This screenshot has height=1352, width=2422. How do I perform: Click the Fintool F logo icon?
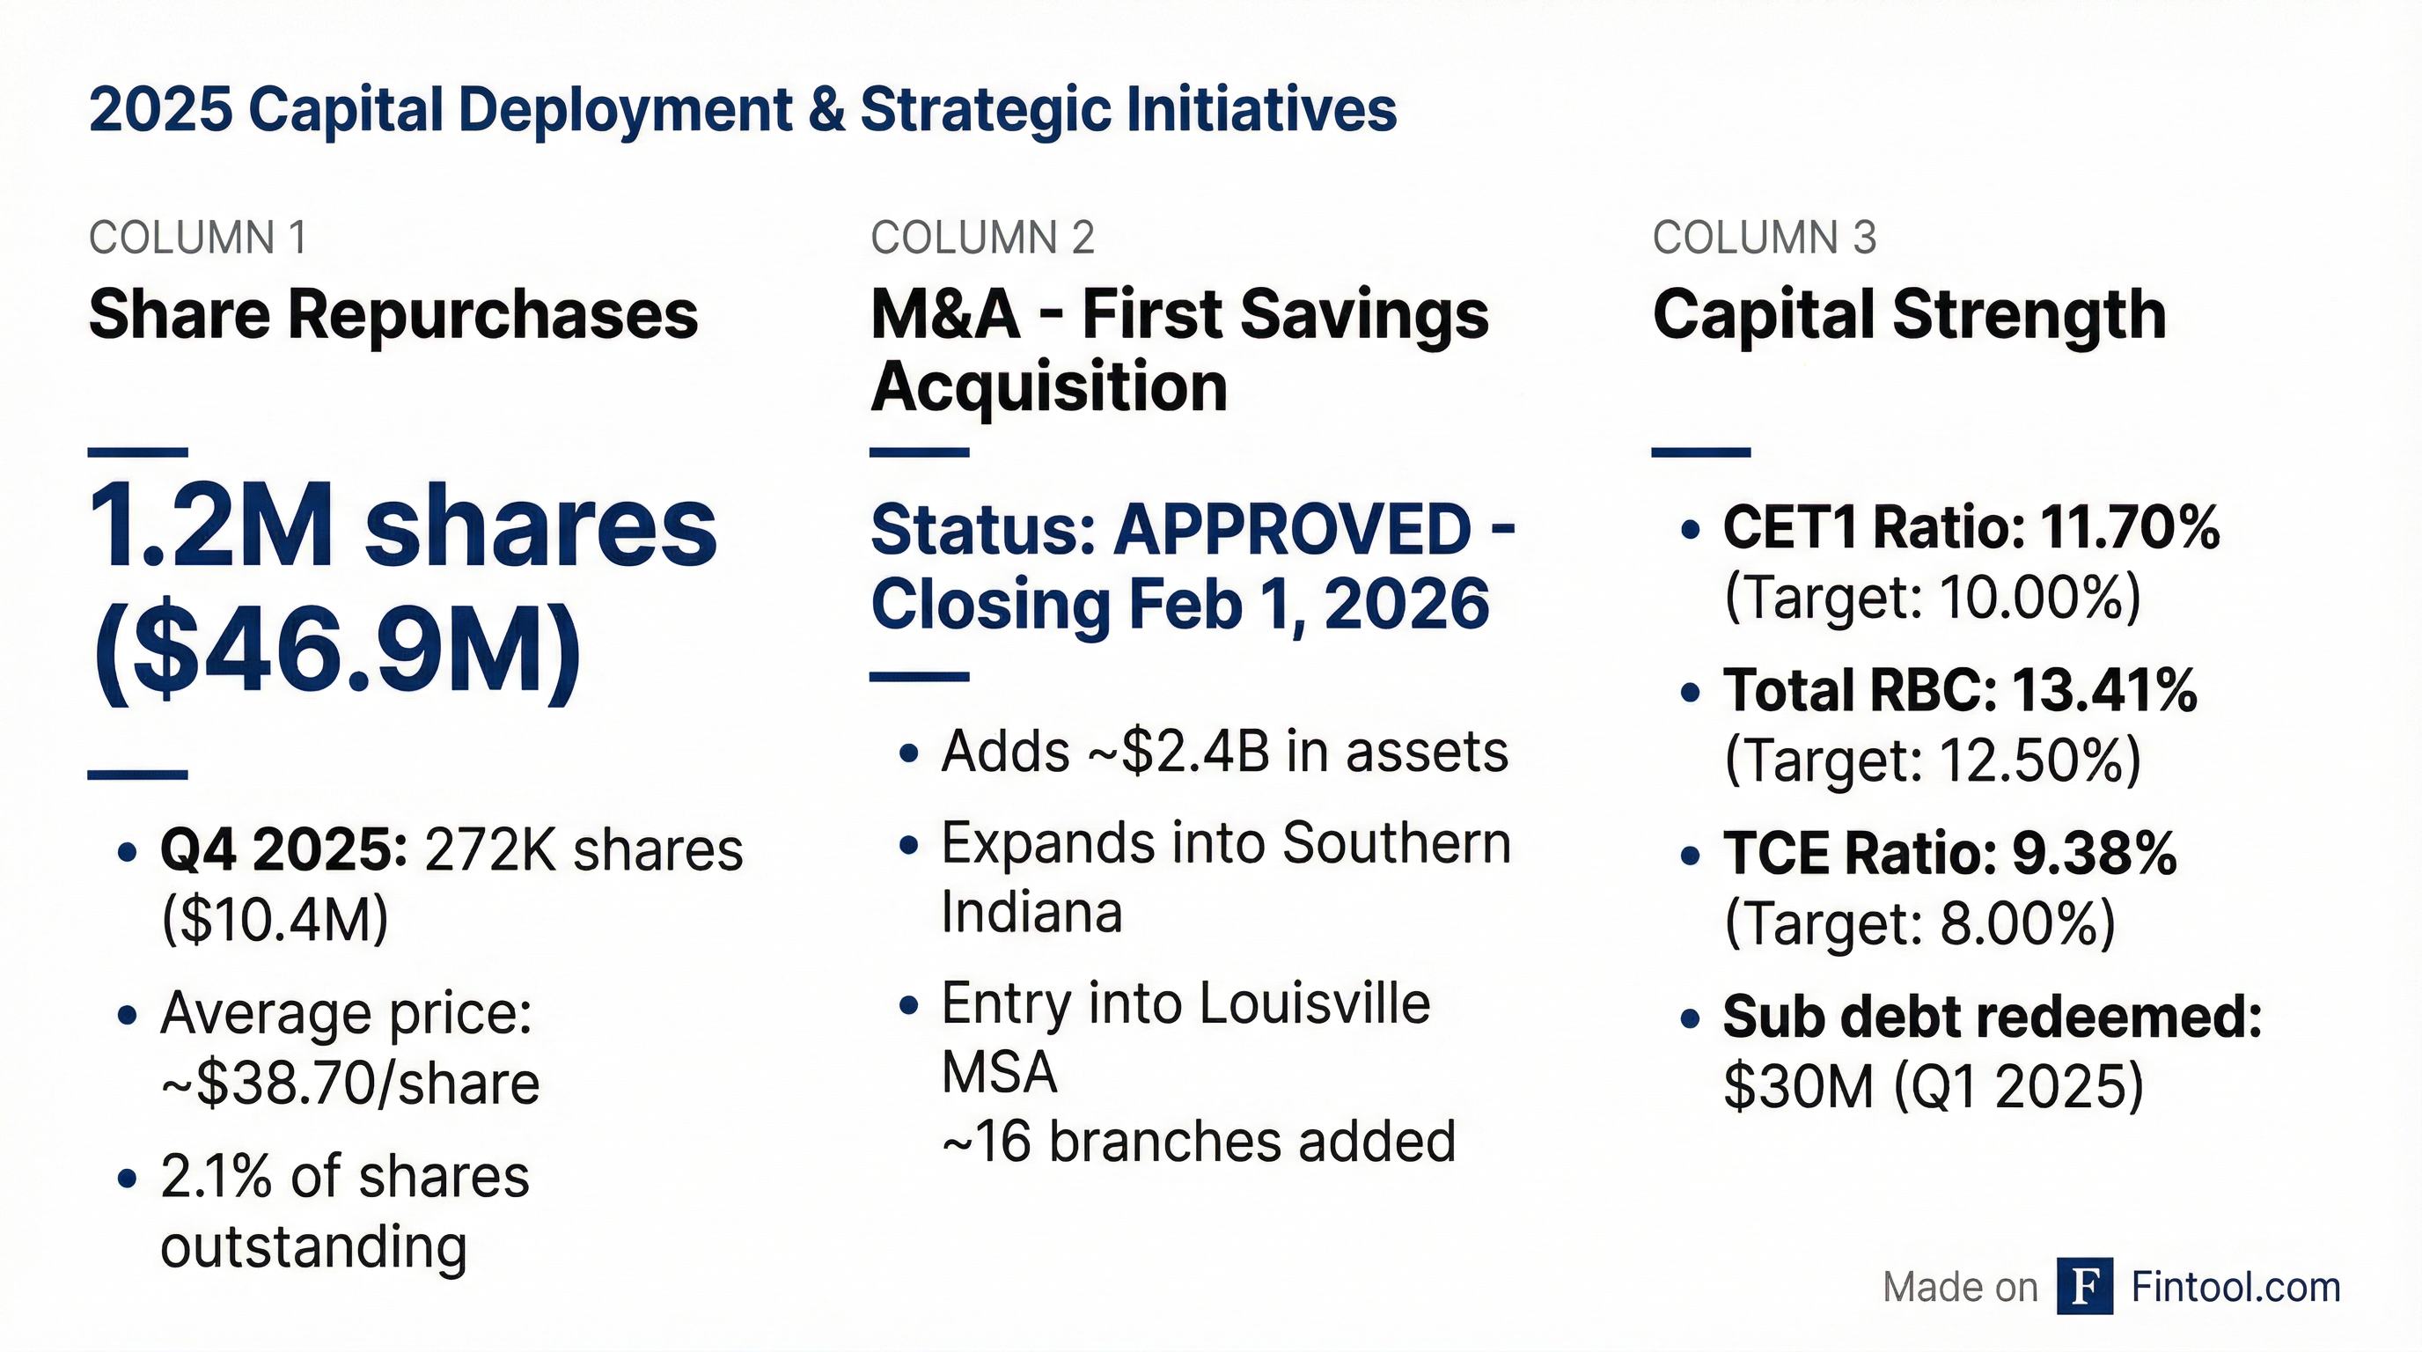pyautogui.click(x=2084, y=1285)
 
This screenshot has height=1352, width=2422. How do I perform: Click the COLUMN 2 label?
pyautogui.click(x=981, y=238)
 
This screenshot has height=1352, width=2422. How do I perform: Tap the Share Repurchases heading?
pyautogui.click(x=393, y=315)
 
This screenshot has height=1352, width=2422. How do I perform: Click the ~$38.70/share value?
pyautogui.click(x=349, y=1084)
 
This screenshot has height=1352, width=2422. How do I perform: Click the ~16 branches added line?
pyautogui.click(x=1198, y=1143)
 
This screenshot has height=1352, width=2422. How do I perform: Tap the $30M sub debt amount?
pyautogui.click(x=1798, y=1087)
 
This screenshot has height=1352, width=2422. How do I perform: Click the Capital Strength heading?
pyautogui.click(x=1909, y=315)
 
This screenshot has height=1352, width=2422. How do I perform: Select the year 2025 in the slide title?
pyautogui.click(x=160, y=110)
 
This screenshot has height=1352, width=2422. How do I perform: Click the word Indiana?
pyautogui.click(x=1031, y=912)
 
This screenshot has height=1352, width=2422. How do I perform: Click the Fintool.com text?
pyautogui.click(x=2235, y=1287)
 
